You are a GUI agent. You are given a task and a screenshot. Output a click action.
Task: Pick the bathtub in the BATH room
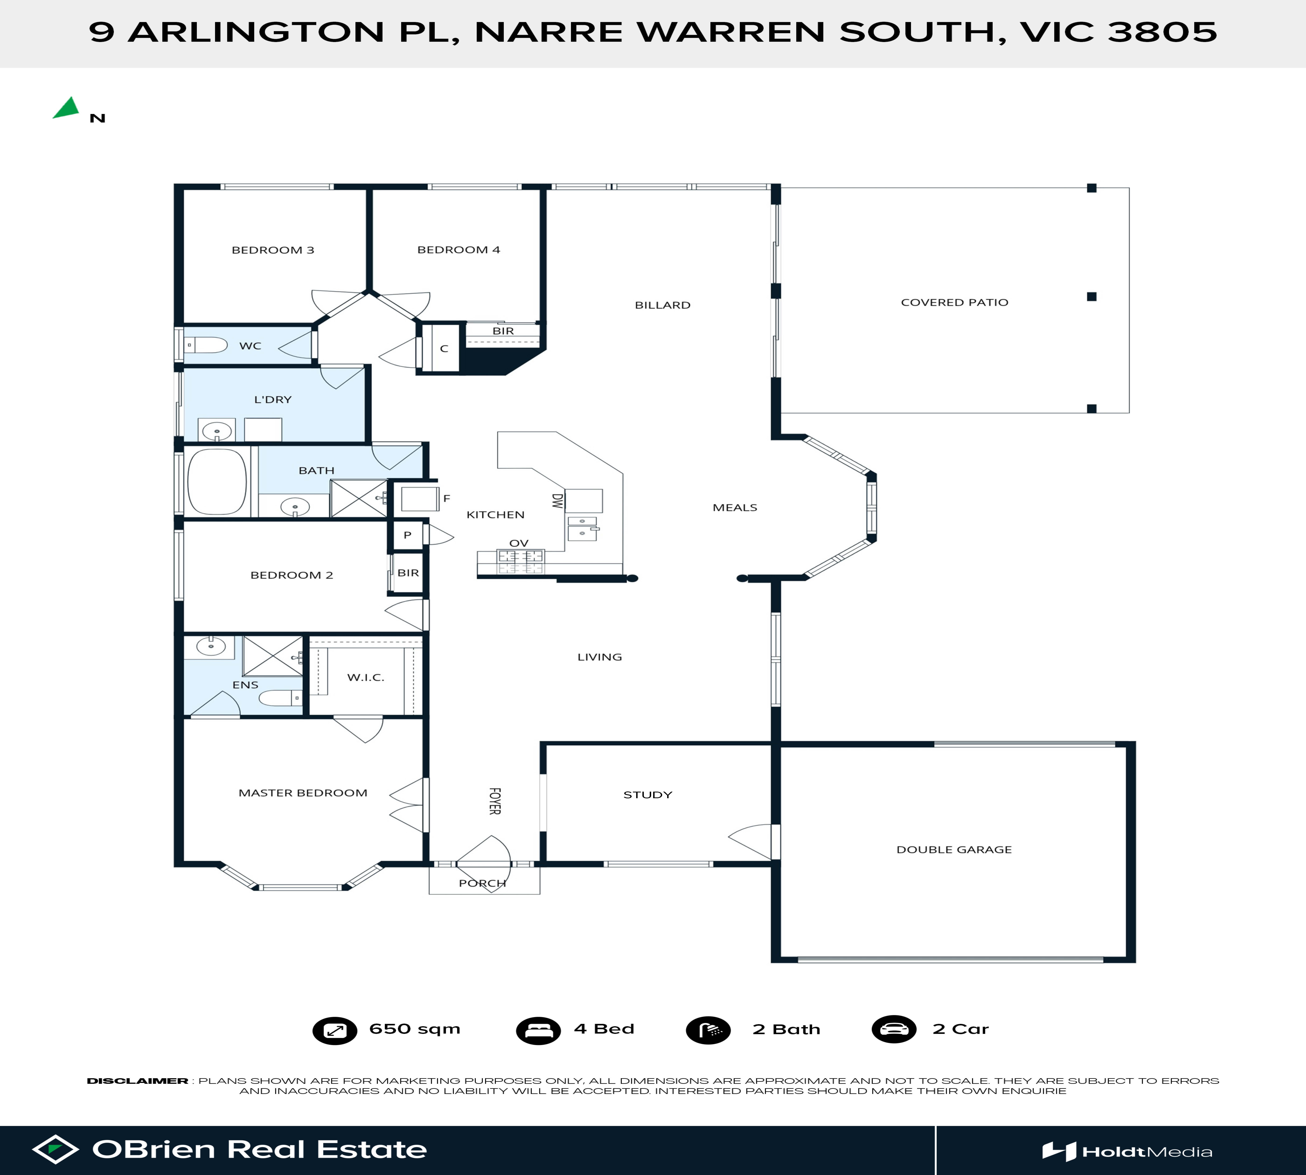[x=217, y=482]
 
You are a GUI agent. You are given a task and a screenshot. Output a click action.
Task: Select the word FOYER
[x=494, y=801]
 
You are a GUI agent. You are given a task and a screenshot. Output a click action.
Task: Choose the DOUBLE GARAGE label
[x=954, y=850]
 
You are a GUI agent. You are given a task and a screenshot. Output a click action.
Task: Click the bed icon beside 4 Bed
[x=538, y=1030]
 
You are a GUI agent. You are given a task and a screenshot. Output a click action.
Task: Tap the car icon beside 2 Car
[x=894, y=1029]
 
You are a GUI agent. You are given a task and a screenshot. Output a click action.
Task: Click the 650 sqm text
[x=415, y=1029]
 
